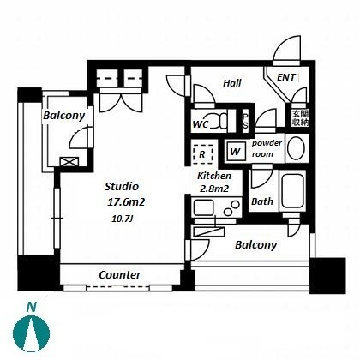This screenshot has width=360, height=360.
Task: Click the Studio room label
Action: click(122, 187)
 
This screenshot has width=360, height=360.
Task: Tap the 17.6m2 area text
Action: click(126, 202)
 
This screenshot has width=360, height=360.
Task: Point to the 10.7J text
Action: click(123, 219)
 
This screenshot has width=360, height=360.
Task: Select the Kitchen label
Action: click(214, 176)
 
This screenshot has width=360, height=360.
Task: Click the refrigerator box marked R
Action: click(202, 154)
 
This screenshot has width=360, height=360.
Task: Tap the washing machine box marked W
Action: click(236, 151)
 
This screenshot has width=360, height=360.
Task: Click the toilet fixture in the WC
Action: click(219, 121)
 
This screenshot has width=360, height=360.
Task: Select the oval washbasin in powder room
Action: click(296, 148)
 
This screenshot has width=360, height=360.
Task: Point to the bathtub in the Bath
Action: click(292, 191)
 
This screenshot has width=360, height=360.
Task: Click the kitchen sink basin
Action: click(203, 207)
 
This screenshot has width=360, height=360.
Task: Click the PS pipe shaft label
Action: click(245, 121)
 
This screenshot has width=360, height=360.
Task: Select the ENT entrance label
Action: click(286, 77)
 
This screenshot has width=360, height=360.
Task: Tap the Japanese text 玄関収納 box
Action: click(300, 118)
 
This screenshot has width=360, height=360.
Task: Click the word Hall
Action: click(232, 83)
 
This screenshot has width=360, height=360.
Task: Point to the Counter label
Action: click(120, 275)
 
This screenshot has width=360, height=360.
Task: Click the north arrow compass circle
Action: click(32, 333)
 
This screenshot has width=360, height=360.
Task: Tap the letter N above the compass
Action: click(32, 307)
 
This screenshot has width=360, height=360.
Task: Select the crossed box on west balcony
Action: click(69, 162)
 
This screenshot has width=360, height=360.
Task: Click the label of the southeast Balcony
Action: click(256, 245)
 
